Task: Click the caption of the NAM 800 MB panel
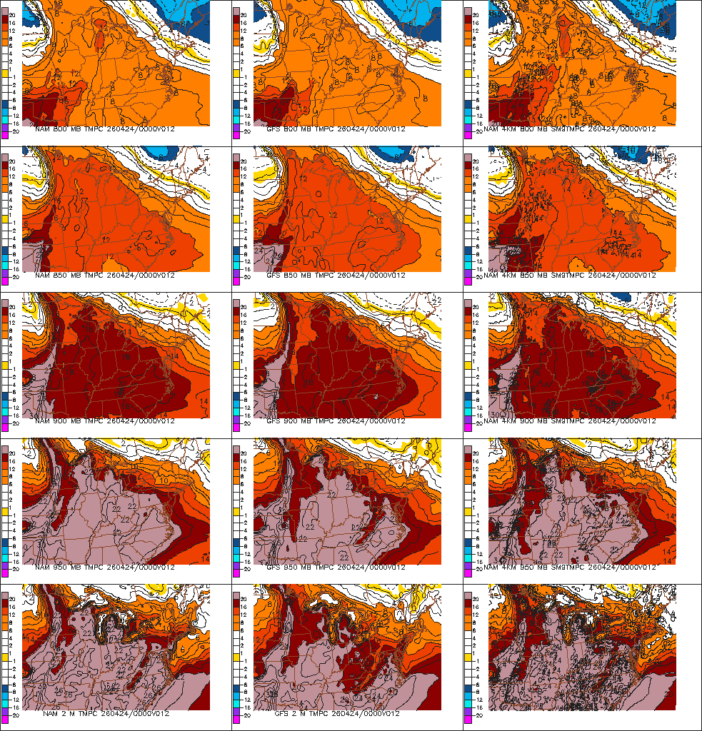(x=104, y=130)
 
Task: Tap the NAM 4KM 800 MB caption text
(x=569, y=130)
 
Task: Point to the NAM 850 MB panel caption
(x=104, y=276)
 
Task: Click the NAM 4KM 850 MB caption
(x=569, y=276)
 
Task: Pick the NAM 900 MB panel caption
(x=104, y=421)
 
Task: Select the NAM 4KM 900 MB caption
(x=569, y=421)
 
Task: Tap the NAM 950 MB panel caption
(x=104, y=568)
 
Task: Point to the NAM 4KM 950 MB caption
(x=569, y=568)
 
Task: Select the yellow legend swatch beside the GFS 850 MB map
(x=238, y=218)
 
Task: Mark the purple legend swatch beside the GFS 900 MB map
(x=238, y=416)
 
